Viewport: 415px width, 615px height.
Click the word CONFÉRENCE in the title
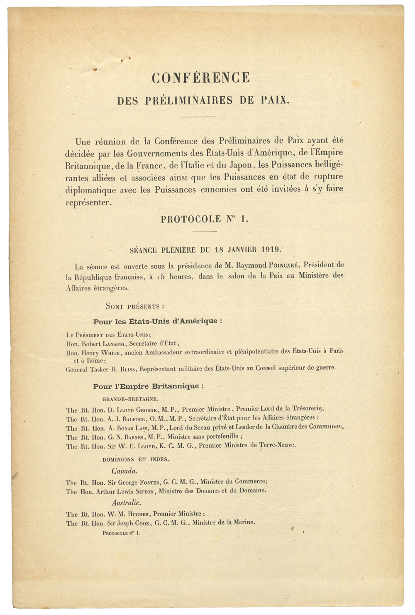201,78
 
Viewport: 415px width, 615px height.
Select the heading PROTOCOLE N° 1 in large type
205,219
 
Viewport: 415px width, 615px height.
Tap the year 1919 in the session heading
271,250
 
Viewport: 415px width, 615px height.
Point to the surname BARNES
131,437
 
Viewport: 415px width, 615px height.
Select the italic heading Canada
124,471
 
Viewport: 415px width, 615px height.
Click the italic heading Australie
126,503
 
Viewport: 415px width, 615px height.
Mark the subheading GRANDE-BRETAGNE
130,399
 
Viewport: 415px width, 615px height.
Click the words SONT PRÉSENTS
135,306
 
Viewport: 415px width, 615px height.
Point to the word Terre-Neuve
277,445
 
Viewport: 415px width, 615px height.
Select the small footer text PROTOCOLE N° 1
122,533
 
